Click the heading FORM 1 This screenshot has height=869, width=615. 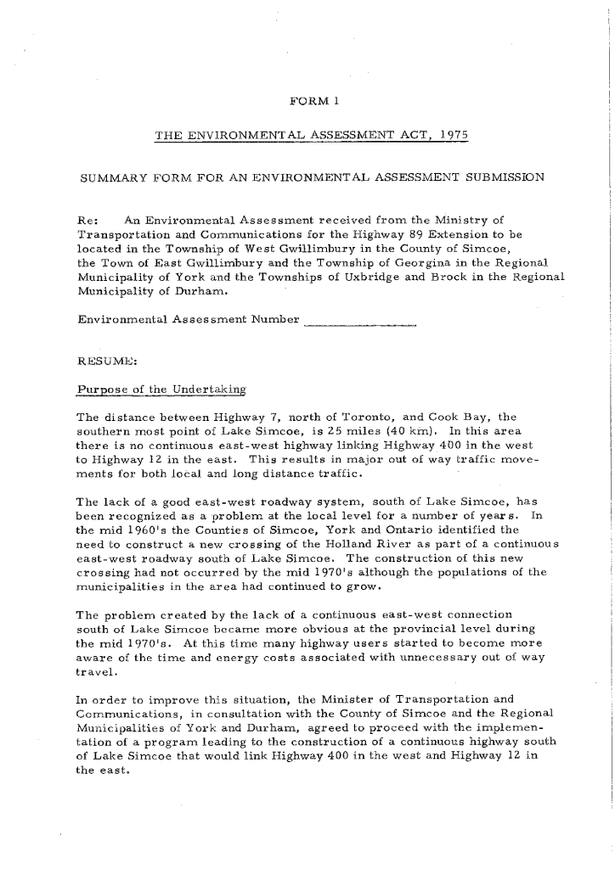[315, 103]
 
